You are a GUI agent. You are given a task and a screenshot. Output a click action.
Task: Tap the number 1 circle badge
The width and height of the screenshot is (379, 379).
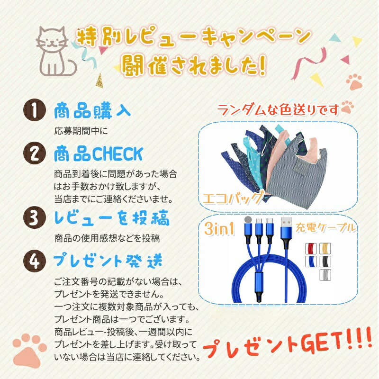click(x=35, y=110)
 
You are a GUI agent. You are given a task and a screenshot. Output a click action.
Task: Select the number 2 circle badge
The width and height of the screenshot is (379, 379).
click(x=35, y=153)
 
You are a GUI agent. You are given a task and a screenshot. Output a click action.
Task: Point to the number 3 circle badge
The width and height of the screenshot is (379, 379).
click(x=35, y=217)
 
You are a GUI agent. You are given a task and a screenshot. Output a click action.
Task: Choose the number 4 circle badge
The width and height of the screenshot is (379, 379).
click(x=35, y=261)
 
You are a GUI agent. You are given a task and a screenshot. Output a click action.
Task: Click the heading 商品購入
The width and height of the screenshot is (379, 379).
click(x=92, y=111)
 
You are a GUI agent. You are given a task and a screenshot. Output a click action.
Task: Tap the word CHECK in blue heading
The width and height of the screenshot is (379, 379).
click(x=117, y=153)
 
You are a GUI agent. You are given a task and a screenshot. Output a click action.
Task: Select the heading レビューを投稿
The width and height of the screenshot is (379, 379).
click(x=112, y=218)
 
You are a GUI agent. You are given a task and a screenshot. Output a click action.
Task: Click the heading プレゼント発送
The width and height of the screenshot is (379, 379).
click(x=108, y=261)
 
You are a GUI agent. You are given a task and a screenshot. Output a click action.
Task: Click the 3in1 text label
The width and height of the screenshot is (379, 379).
click(x=219, y=228)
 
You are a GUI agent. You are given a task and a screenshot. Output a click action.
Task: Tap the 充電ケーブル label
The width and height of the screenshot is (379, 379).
click(x=326, y=228)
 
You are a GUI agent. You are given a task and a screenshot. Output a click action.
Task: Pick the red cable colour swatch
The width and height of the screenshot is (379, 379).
click(x=311, y=248)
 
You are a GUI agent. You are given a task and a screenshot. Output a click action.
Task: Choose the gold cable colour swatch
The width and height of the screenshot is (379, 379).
click(x=325, y=248)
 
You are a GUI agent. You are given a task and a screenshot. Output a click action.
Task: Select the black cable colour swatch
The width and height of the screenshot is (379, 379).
click(x=325, y=262)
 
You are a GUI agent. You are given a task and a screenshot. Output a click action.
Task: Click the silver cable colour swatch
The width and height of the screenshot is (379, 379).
click(x=325, y=275)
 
